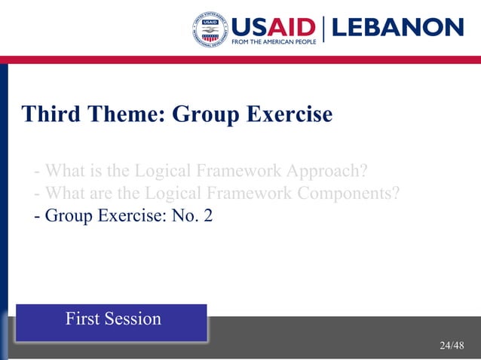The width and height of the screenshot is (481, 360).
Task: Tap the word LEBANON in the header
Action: pos(397,28)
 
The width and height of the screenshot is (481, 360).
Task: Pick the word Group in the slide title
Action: pos(198,114)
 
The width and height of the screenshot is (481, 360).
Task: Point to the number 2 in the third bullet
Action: pos(208,216)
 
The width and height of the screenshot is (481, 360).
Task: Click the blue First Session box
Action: pos(112,322)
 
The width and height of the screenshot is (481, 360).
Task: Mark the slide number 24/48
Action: pos(452,346)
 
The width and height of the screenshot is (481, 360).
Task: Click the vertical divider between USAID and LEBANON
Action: pos(324,29)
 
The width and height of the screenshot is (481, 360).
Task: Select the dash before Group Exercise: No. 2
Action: pos(37,217)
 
